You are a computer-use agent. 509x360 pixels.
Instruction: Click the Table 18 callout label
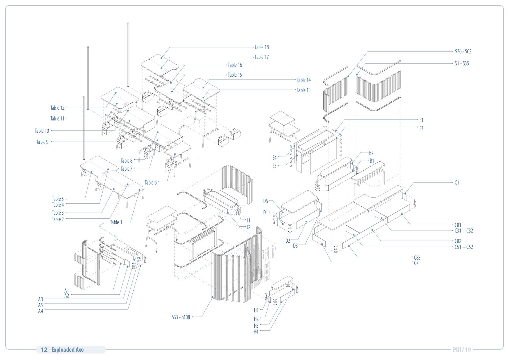coord(261,47)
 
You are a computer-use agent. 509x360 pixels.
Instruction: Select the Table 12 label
coord(57,108)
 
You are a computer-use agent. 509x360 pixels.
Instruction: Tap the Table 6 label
coord(151,183)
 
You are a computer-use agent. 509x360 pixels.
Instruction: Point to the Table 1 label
coord(116,222)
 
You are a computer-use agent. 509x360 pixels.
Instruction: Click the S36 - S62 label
coord(463,51)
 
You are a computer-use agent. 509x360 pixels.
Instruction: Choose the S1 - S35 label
coord(462,63)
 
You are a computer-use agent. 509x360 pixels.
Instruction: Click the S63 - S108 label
coord(181,317)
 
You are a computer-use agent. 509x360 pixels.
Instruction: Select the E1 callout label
coord(421,120)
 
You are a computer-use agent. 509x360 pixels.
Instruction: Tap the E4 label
coord(274,158)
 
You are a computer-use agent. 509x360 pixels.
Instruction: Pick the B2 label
coord(371,153)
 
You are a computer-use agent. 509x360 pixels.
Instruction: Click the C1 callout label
coord(457,183)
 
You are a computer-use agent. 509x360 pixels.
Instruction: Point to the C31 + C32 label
coord(463,231)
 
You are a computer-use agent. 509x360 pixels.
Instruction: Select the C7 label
coord(416,263)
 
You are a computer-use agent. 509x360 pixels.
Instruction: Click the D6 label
coord(265,201)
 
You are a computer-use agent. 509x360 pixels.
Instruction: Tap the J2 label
coord(248,227)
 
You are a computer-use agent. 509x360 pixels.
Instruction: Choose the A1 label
coord(67,291)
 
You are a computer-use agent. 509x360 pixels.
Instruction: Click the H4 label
coord(256,332)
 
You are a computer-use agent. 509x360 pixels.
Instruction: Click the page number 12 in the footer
coord(44,350)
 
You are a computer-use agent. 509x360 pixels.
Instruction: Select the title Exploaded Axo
coord(67,350)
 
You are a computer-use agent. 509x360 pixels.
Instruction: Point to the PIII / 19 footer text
coord(462,350)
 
